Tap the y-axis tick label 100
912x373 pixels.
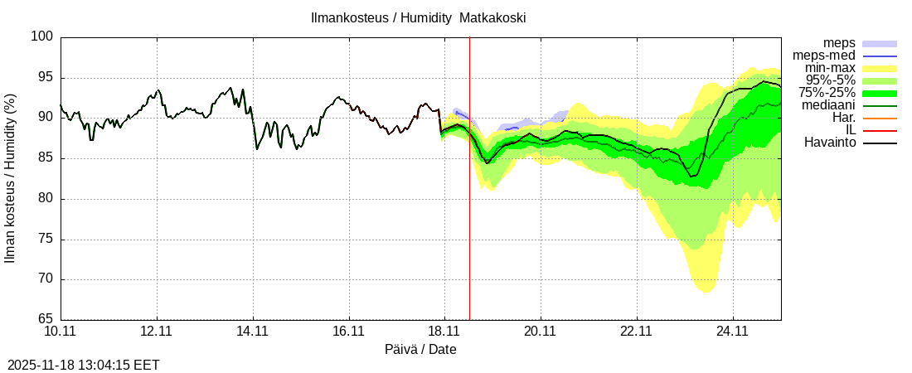tap(43, 37)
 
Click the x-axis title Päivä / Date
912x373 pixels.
tap(420, 349)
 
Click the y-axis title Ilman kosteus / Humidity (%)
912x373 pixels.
tap(11, 178)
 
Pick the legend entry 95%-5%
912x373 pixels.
tap(827, 80)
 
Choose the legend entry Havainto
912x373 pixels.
tap(830, 143)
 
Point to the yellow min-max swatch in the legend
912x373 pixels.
tap(880, 68)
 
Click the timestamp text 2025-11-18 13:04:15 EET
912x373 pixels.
tap(84, 365)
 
